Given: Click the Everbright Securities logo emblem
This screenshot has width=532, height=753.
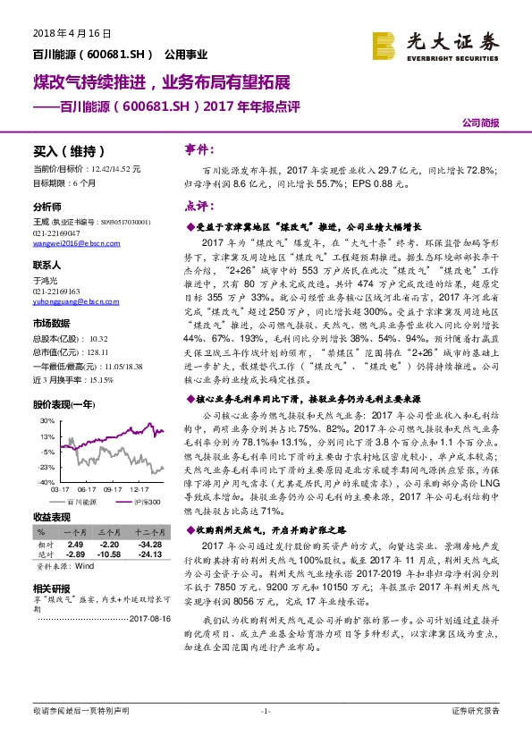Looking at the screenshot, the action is click(385, 44).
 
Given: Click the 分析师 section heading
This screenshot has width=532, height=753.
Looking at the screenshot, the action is click(47, 206).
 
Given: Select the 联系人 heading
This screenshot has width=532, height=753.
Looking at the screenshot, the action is click(47, 266).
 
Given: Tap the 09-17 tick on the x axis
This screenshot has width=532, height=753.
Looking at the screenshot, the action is click(112, 489).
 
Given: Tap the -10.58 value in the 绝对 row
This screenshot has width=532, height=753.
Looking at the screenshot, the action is click(109, 554).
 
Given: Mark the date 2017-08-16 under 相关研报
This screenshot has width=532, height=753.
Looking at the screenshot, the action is click(148, 618).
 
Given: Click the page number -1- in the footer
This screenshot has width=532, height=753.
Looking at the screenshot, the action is click(265, 735).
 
